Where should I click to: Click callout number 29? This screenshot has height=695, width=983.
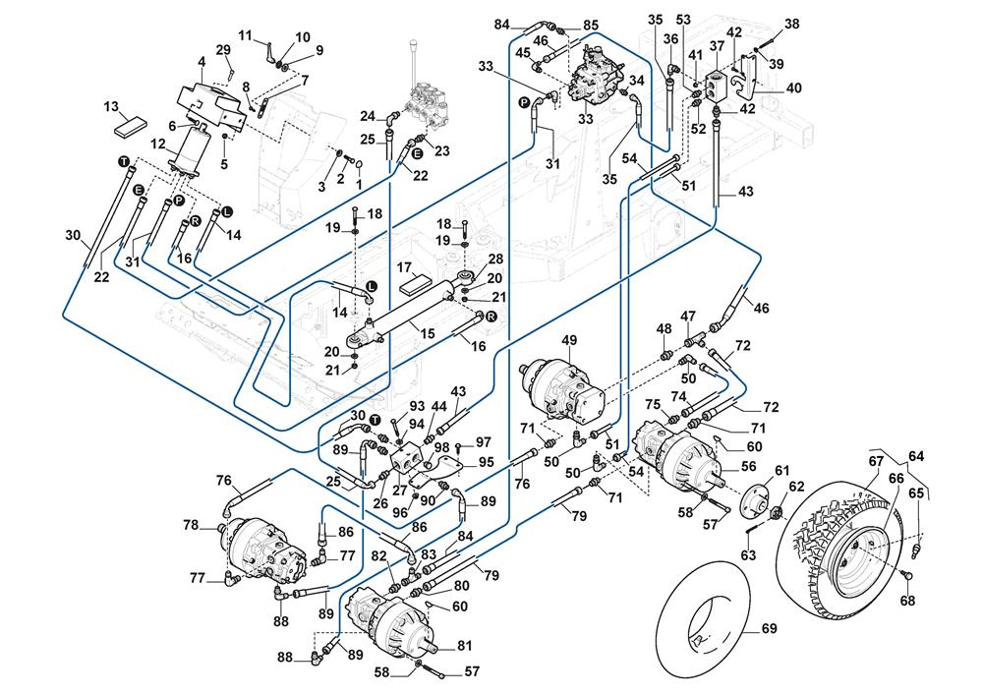[223, 49]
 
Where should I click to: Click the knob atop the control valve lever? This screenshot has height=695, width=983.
[416, 41]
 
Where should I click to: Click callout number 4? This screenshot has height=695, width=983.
[201, 62]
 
